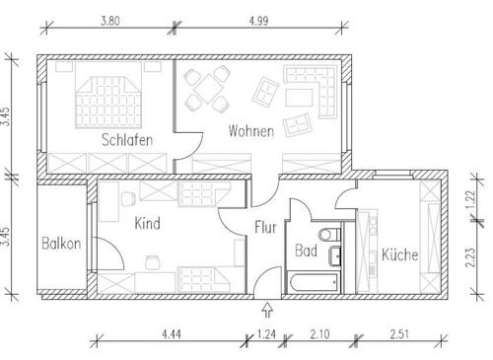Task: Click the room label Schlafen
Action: tap(126, 140)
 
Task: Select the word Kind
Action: tap(147, 223)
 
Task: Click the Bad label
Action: tap(306, 251)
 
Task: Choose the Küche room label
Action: tap(399, 254)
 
